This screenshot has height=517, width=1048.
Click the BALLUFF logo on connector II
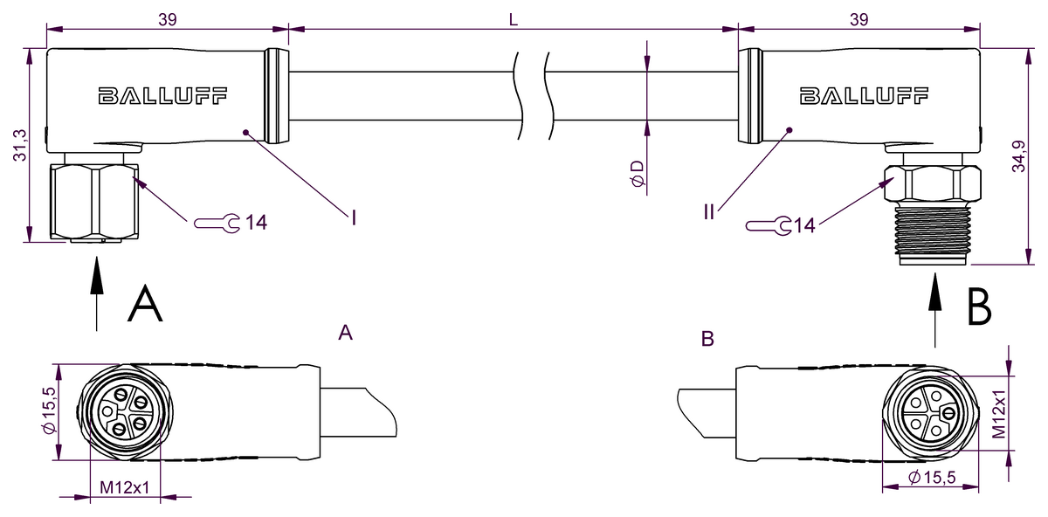(x=864, y=96)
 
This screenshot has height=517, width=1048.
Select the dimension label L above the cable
(x=514, y=20)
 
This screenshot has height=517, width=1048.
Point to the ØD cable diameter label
(x=638, y=172)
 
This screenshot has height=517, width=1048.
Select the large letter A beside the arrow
(x=145, y=305)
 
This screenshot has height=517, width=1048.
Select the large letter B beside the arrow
(x=979, y=307)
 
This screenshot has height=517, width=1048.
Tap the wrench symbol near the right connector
(x=769, y=226)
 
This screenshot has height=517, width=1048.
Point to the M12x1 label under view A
(x=124, y=487)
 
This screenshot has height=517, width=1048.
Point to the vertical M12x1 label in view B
(x=1000, y=414)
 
